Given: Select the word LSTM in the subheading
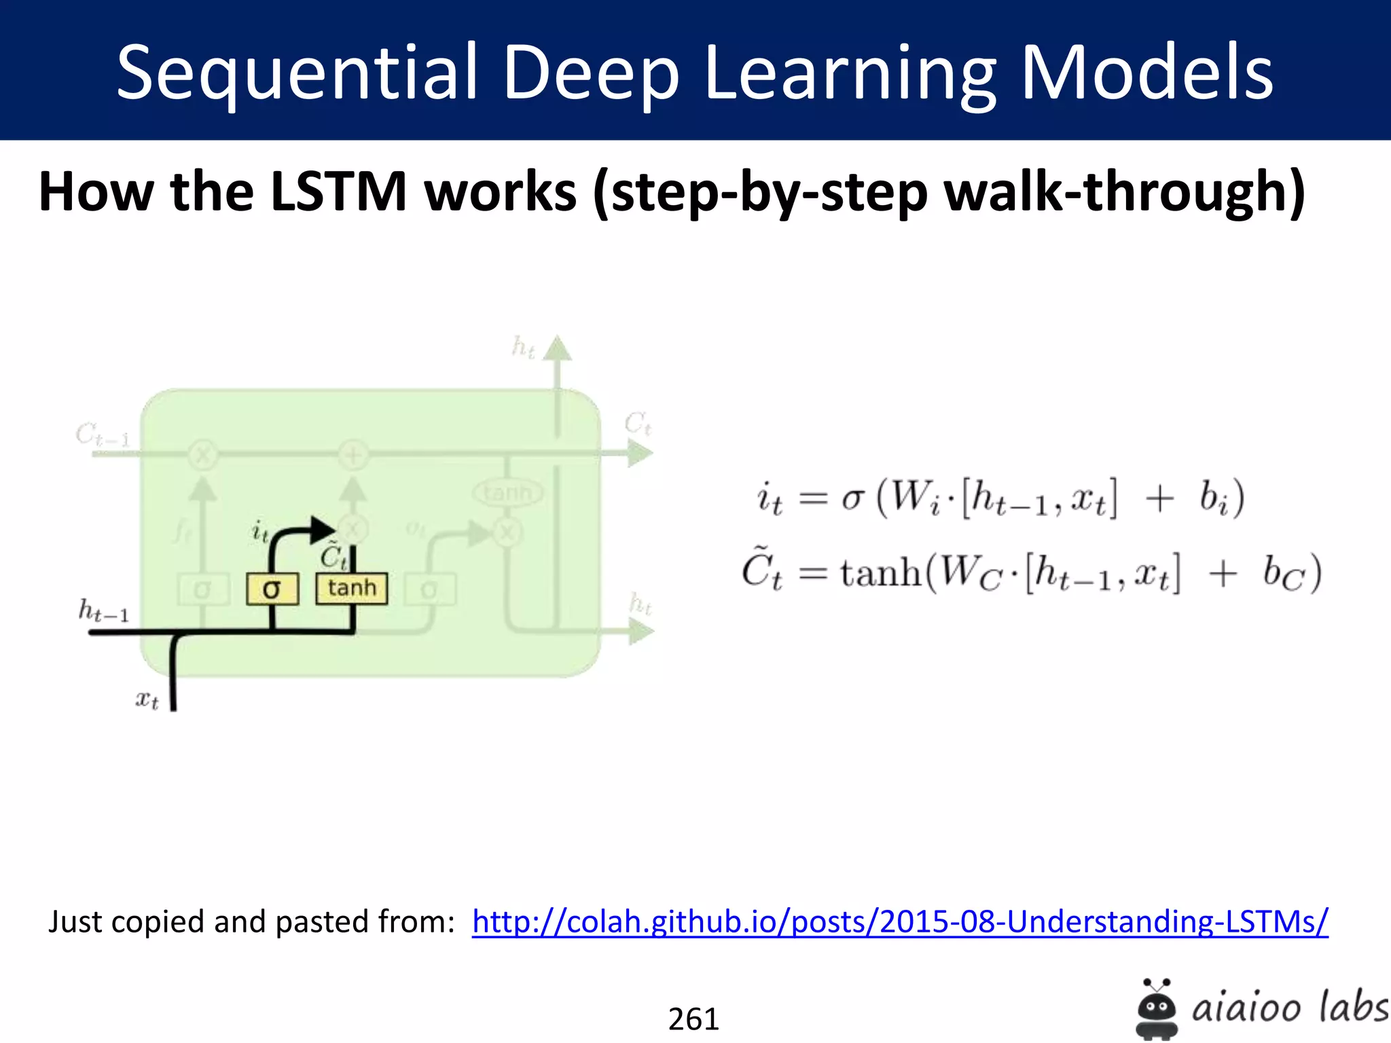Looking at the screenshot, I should [338, 191].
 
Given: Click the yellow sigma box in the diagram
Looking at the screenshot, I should [272, 589].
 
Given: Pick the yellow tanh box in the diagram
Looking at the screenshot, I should [352, 588].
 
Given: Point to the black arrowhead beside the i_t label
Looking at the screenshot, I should [323, 530].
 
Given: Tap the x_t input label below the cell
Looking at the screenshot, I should [147, 699].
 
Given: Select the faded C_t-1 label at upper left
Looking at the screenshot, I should [102, 435].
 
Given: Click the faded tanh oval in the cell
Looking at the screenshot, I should [507, 492].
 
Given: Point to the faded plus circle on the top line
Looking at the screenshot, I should [353, 454].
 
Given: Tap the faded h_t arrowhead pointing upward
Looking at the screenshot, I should [558, 348].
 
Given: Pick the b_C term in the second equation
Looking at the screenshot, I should [1284, 574].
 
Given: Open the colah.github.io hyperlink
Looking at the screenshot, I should [900, 922].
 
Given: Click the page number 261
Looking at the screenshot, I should [693, 1019].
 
